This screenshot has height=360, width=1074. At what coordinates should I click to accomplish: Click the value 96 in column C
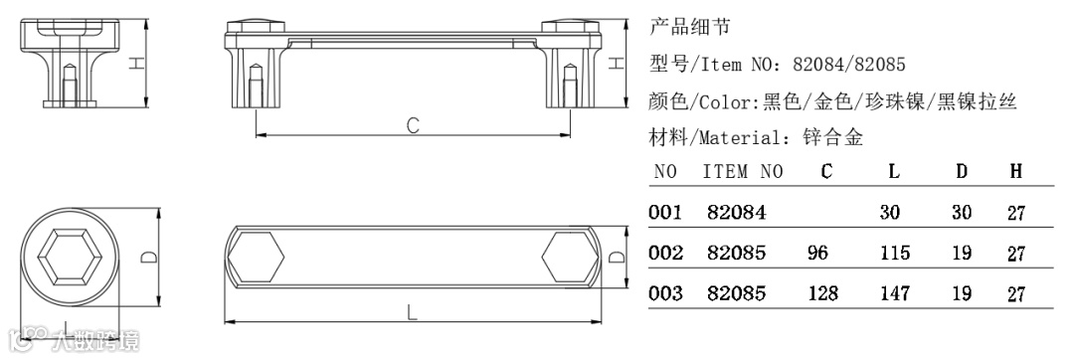[817, 254]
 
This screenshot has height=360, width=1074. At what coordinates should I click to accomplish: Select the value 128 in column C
[822, 293]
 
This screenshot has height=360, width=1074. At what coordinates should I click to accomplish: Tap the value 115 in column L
[895, 254]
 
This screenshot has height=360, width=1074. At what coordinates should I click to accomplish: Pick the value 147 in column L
[895, 293]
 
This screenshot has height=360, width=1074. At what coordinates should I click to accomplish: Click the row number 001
[665, 212]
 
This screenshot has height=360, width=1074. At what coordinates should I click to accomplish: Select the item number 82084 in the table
[736, 212]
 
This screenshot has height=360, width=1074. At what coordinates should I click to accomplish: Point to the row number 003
[665, 293]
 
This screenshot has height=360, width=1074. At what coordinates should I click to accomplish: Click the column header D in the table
[962, 171]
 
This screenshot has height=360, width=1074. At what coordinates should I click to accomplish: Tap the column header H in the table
[1015, 171]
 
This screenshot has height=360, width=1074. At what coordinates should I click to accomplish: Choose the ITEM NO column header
[743, 171]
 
